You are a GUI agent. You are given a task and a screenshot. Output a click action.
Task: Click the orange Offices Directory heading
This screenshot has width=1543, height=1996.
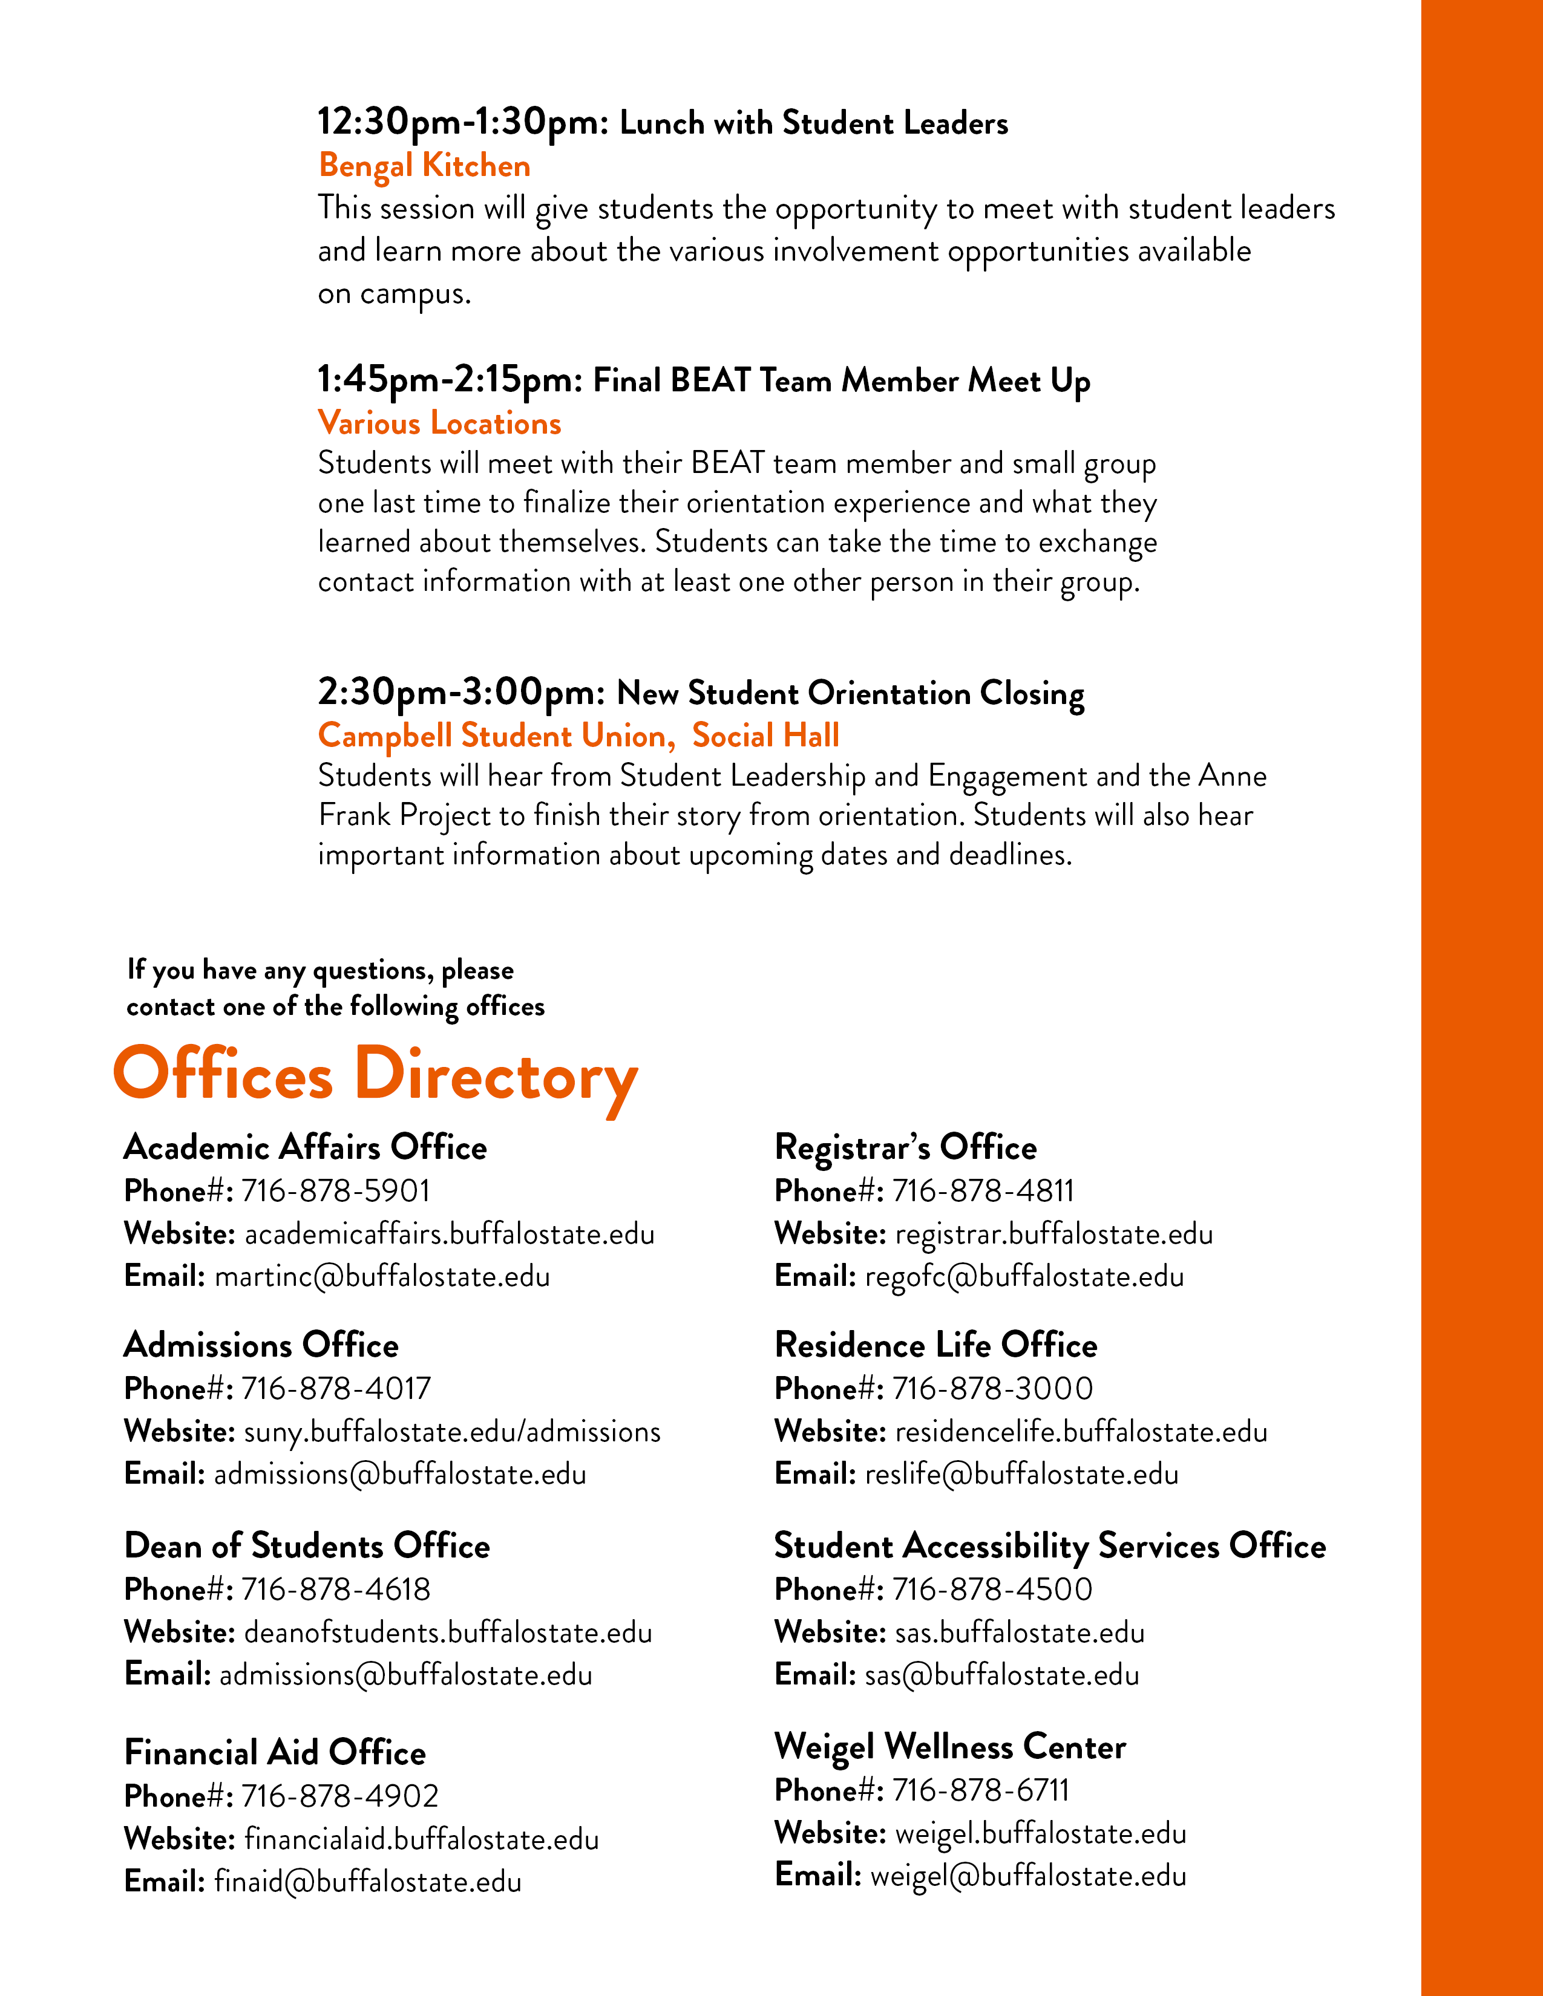pos(375,1075)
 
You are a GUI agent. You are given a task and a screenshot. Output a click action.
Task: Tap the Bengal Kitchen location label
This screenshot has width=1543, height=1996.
pos(424,165)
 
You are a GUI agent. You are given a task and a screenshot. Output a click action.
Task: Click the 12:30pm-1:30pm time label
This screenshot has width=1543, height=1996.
pos(462,122)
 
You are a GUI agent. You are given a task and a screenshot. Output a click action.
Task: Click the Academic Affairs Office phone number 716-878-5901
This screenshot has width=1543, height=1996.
pos(335,1191)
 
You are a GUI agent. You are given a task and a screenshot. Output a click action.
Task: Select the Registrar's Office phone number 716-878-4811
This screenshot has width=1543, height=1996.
pos(983,1191)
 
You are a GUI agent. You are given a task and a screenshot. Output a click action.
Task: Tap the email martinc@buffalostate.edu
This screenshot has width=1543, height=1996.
pos(382,1277)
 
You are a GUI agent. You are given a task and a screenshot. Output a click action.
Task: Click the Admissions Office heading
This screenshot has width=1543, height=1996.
pos(261,1345)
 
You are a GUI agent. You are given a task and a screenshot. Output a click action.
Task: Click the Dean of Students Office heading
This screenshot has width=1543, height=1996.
pos(307,1545)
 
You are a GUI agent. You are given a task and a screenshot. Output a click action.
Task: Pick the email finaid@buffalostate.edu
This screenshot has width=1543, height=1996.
pos(367,1882)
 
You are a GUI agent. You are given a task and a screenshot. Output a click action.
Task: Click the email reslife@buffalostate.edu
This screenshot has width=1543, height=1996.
pos(1021,1474)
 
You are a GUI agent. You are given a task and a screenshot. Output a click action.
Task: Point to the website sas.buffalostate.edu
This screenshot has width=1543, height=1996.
pos(1019,1632)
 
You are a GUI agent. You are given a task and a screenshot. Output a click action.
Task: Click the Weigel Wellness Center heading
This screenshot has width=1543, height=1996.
pos(950,1747)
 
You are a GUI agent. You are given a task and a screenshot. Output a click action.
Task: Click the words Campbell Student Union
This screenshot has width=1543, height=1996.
pos(492,735)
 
